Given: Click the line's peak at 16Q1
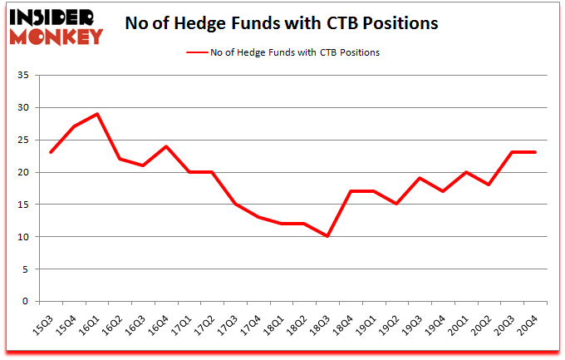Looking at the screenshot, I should pyautogui.click(x=98, y=114).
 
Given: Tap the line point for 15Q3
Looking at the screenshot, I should pyautogui.click(x=52, y=153).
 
